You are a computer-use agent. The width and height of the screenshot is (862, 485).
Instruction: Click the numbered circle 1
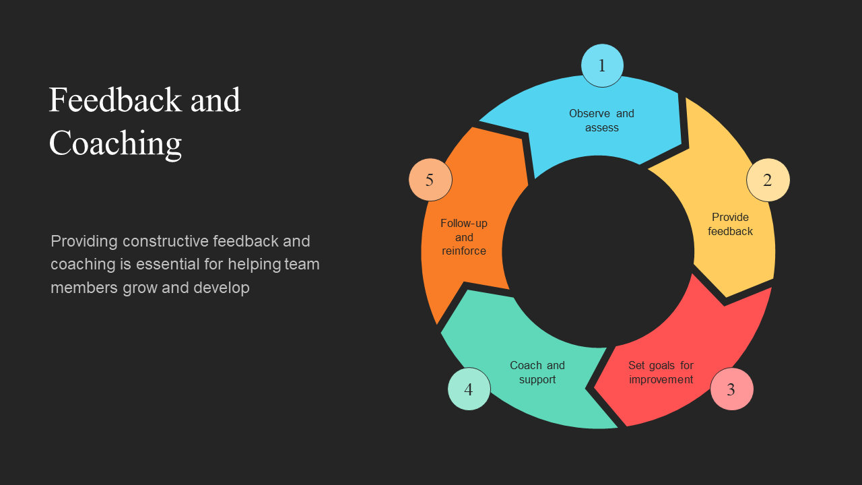(x=602, y=65)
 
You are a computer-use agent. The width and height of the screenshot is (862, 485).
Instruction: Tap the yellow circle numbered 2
(x=768, y=180)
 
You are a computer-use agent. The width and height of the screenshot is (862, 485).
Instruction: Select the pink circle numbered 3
(x=731, y=389)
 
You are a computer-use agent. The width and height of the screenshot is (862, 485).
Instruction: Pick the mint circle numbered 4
(x=469, y=389)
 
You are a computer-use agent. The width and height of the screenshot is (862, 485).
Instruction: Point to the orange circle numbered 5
(x=430, y=180)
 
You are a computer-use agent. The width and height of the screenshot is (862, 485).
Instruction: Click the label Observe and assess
(x=601, y=121)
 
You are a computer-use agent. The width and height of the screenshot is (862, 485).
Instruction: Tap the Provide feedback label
(x=730, y=224)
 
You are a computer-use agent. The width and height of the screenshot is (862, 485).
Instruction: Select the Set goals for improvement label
(x=661, y=373)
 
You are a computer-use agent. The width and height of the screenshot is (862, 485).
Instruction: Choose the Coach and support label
(x=537, y=373)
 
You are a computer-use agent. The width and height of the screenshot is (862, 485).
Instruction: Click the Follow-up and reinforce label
(x=464, y=237)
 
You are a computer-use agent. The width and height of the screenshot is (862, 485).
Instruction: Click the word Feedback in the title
(x=115, y=100)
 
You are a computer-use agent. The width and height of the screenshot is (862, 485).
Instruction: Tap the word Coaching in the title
(x=115, y=143)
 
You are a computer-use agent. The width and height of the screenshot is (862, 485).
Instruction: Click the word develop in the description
(x=222, y=288)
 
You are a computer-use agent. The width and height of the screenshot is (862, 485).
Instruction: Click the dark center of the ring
(x=598, y=251)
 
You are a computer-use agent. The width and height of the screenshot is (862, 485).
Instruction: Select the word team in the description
(x=302, y=264)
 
